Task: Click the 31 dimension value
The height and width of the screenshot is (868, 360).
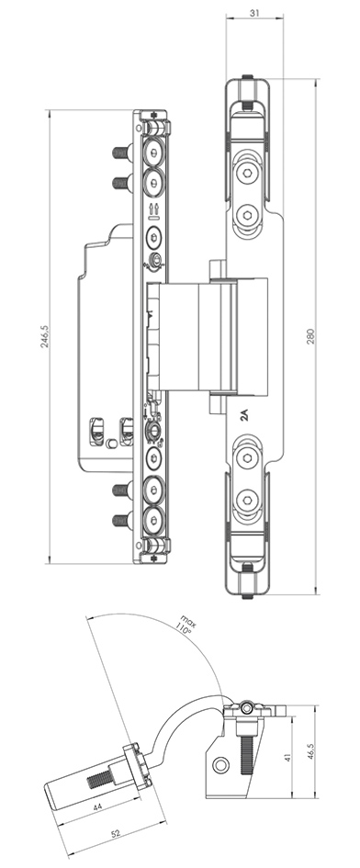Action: [x=254, y=13]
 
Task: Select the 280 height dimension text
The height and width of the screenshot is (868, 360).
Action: [x=310, y=336]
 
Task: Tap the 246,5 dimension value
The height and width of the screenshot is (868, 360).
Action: [x=45, y=336]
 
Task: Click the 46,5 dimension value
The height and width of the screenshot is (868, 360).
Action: [x=310, y=751]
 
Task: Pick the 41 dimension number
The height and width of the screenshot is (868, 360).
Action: [x=287, y=757]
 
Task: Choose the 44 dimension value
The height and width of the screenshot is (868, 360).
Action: [x=98, y=807]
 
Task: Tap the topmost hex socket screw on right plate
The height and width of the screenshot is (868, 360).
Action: [x=247, y=174]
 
